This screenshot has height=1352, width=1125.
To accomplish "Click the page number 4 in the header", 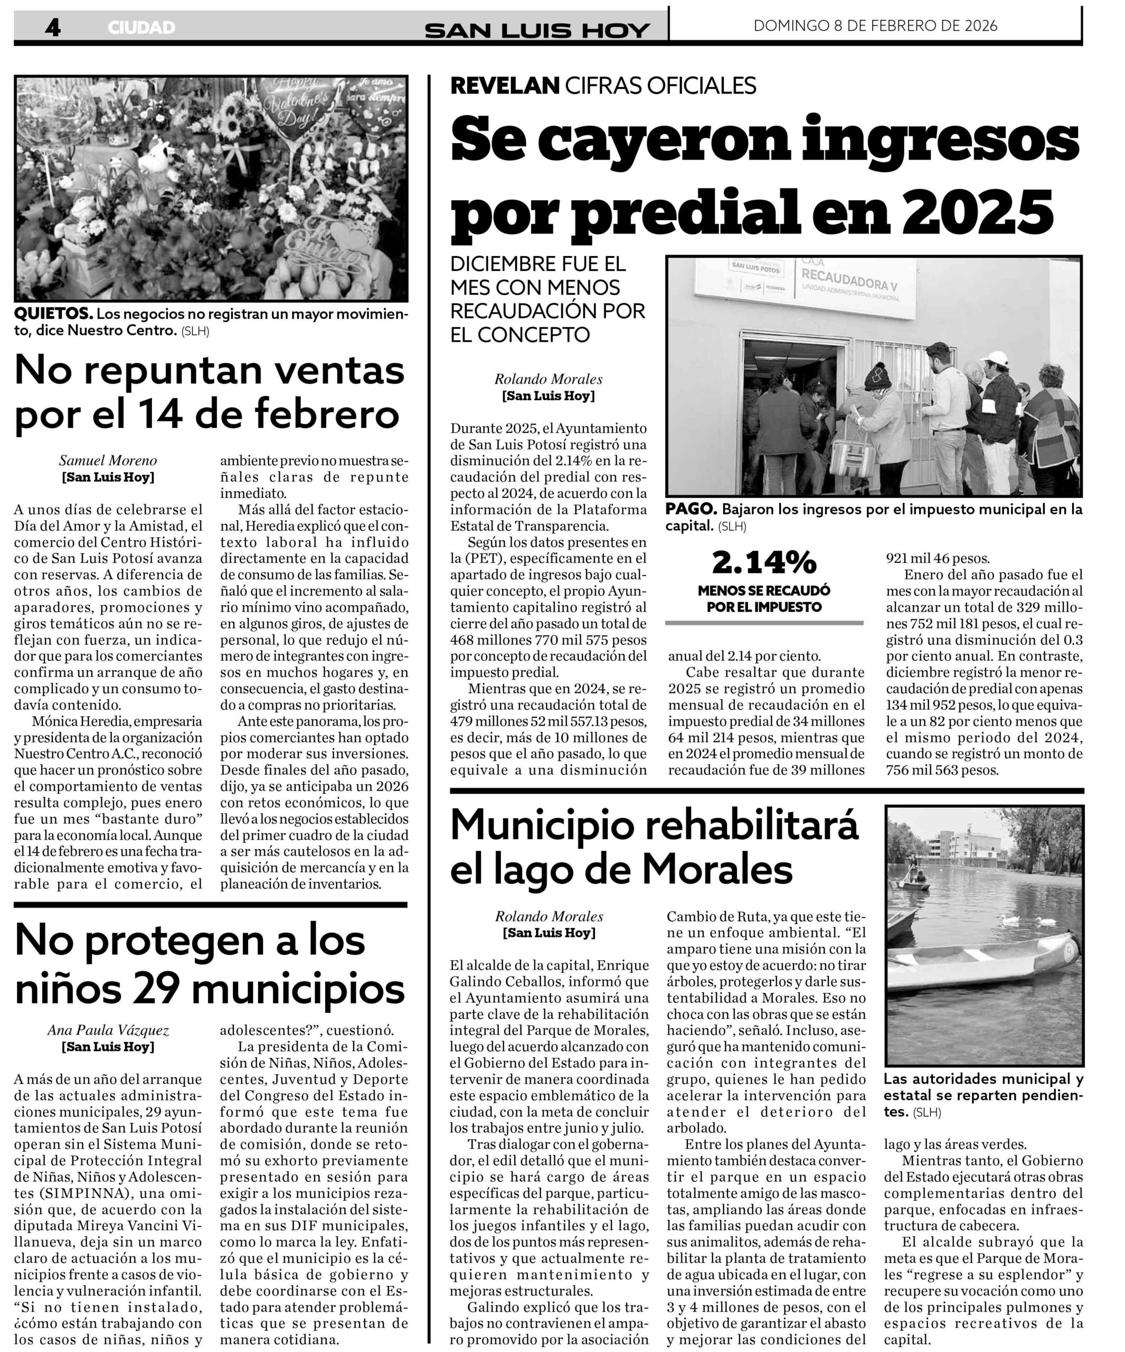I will pyautogui.click(x=53, y=27).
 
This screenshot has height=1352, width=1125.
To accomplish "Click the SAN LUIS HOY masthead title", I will pyautogui.click(x=537, y=30).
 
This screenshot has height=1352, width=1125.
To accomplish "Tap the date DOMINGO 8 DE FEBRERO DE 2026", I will pyautogui.click(x=875, y=26).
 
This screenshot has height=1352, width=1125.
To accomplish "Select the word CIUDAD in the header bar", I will pyautogui.click(x=141, y=27).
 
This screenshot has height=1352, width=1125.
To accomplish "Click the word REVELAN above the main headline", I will pyautogui.click(x=505, y=86).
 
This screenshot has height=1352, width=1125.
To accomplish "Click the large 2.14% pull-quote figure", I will pyautogui.click(x=764, y=562).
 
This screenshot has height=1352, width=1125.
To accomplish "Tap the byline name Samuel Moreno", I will pyautogui.click(x=108, y=461).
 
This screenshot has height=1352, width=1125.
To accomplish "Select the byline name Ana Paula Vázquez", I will pyautogui.click(x=108, y=1030).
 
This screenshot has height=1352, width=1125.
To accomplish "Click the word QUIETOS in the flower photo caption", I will pyautogui.click(x=53, y=314).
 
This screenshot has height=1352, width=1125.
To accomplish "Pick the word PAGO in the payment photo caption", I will pyautogui.click(x=692, y=509).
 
